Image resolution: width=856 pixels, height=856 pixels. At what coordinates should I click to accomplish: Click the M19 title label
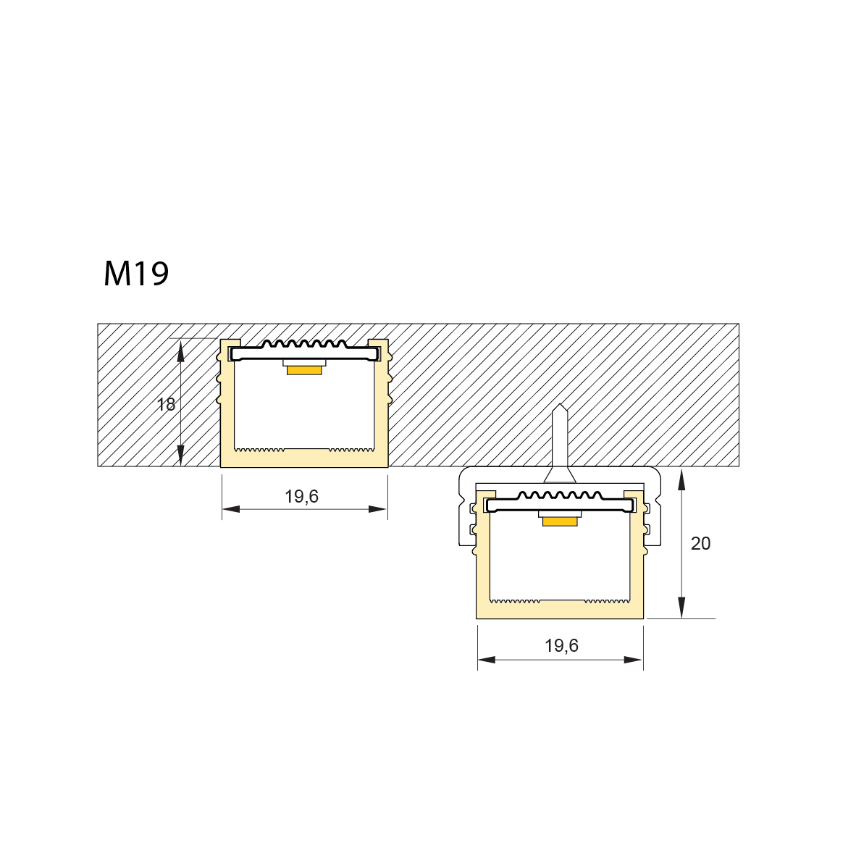[x=136, y=274]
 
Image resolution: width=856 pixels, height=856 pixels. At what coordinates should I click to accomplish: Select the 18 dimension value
[x=166, y=405]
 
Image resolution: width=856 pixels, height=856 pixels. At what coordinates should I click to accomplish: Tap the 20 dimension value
[x=700, y=543]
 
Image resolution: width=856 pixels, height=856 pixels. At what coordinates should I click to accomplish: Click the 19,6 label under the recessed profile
[x=301, y=496]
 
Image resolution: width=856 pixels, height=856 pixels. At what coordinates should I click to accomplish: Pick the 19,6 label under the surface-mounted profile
[x=561, y=645]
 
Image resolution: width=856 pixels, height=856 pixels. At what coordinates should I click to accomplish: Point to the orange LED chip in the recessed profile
[x=304, y=370]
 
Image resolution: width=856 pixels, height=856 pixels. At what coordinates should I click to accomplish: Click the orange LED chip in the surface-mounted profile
[x=561, y=521]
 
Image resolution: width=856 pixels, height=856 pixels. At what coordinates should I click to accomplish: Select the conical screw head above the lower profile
[x=560, y=474]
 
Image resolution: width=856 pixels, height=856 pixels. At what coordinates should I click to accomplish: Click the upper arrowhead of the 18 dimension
[x=180, y=349]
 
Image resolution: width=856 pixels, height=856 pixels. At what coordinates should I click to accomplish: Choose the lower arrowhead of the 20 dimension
[x=681, y=608]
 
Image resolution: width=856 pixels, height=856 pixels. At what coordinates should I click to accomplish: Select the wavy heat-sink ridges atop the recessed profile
[x=304, y=344]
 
